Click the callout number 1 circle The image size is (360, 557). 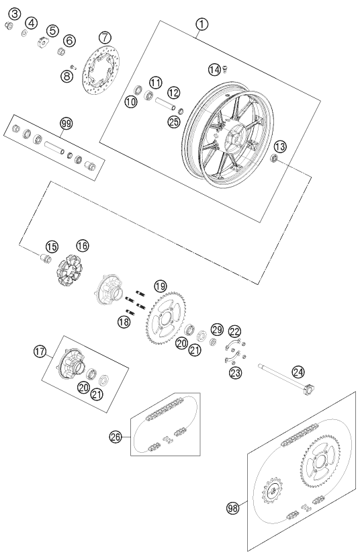201,24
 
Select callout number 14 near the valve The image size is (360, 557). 214,70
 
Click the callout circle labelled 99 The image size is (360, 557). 66,124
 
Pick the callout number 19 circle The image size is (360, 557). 160,286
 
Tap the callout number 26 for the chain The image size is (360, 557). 116,437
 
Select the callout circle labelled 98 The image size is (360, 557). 233,508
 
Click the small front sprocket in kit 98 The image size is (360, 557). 272,490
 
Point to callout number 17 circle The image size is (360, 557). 40,351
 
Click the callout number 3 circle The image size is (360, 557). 15,14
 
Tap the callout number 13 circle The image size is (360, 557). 280,146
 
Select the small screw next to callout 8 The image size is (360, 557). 73,67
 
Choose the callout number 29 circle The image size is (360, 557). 217,329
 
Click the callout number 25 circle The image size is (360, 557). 175,122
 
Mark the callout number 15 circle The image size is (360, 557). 52,246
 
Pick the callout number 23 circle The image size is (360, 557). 235,373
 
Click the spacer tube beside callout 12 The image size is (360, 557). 165,103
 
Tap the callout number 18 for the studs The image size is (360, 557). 124,322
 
